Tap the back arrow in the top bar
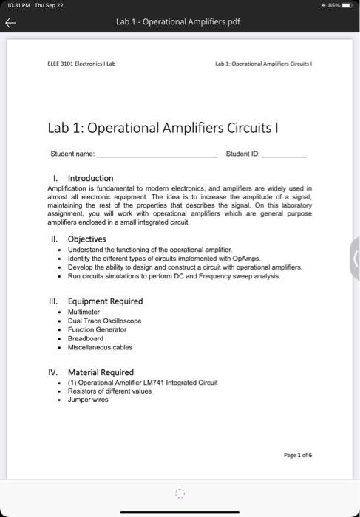(x=11, y=22)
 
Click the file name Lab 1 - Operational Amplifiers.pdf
(x=177, y=21)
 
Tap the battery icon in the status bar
(x=347, y=6)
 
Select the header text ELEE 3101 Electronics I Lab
(x=81, y=64)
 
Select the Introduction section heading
(x=90, y=178)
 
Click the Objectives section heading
(x=86, y=239)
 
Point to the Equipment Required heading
(x=105, y=301)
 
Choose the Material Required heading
(x=101, y=372)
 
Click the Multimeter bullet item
(x=84, y=312)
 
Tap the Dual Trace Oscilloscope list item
(x=104, y=321)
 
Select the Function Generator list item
(x=97, y=330)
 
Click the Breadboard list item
(x=85, y=339)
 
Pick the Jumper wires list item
(x=87, y=400)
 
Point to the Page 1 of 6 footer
(x=297, y=456)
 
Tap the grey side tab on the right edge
(x=355, y=258)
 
